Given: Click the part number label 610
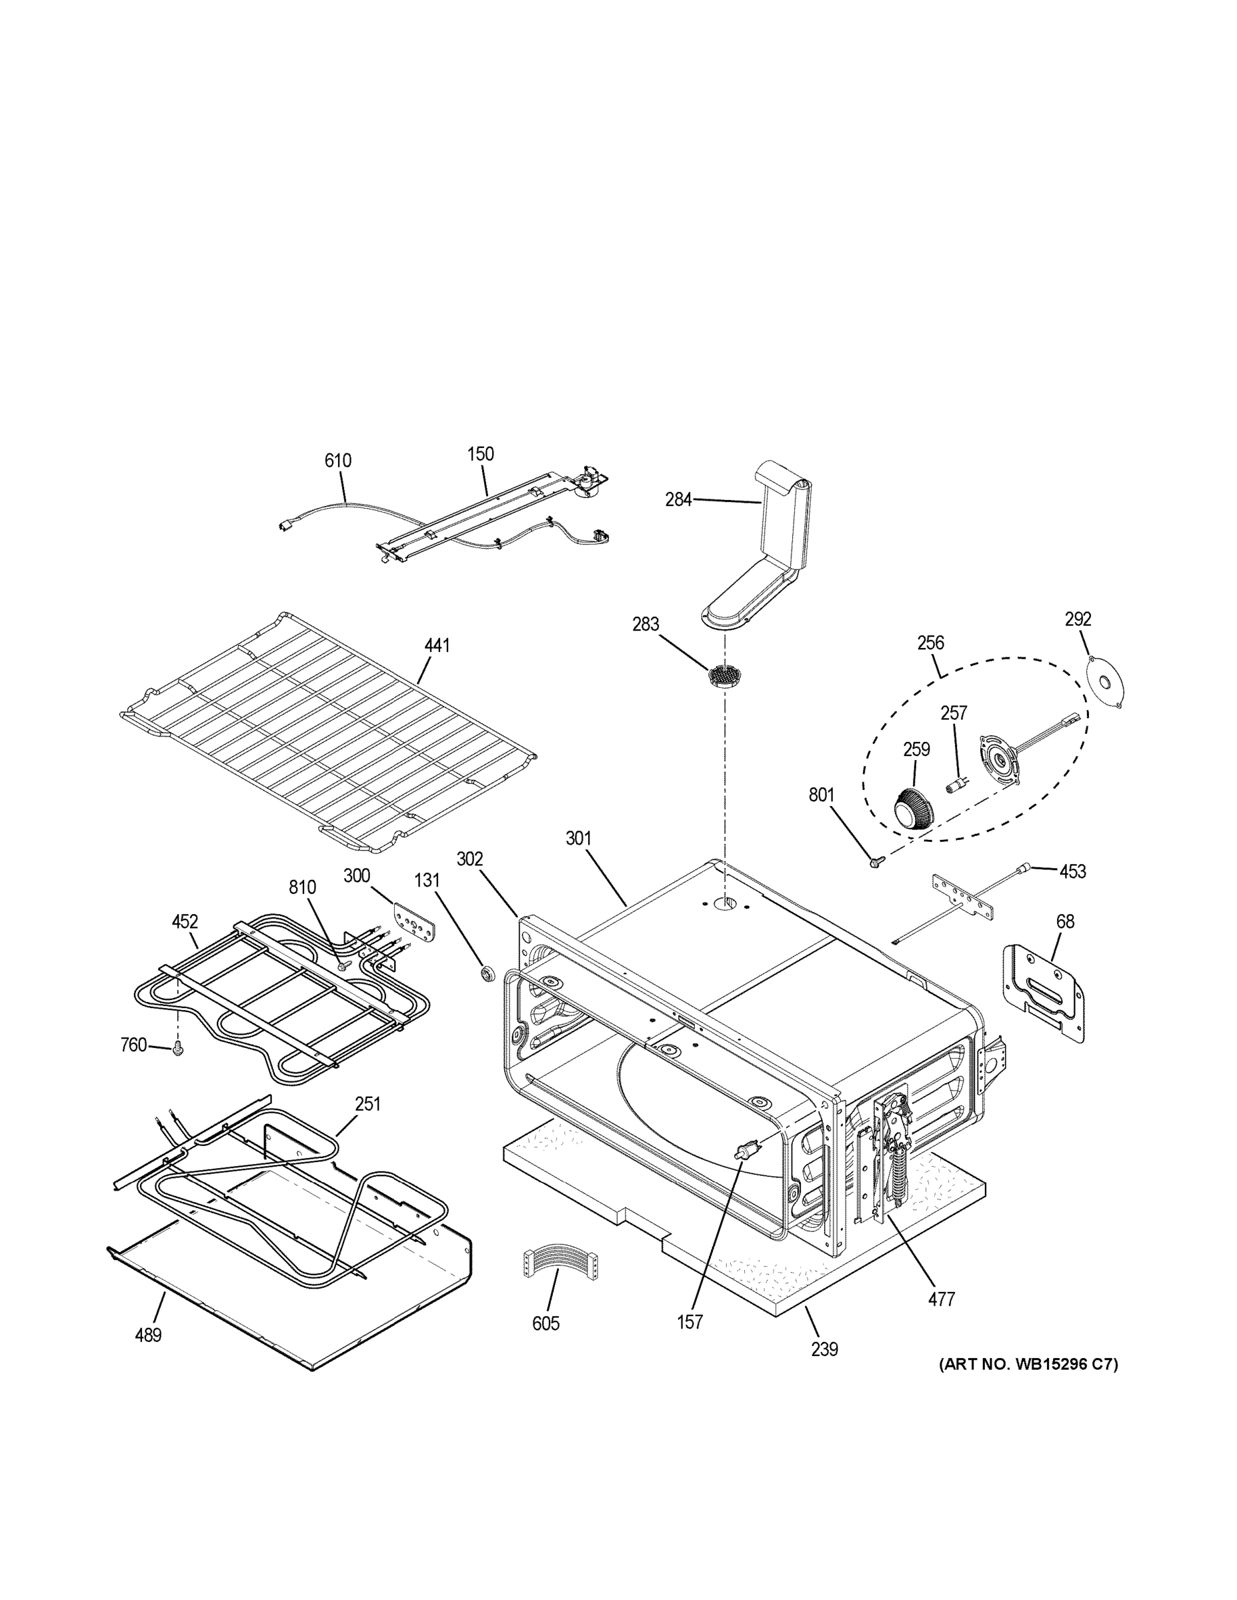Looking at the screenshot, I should (x=338, y=461).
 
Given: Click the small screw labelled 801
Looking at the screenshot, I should (x=874, y=864).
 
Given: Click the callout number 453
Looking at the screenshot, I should (x=1072, y=871).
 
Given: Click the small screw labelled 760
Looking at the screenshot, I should (x=177, y=1051).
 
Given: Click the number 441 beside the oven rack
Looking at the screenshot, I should (x=437, y=645).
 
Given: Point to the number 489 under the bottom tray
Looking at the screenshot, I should (x=148, y=1335).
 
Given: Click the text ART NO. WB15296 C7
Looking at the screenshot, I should (x=1028, y=1364).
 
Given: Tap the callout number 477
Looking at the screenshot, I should (x=942, y=1299).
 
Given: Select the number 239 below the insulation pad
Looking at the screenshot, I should (x=824, y=1349).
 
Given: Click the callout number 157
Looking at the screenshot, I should (x=690, y=1321).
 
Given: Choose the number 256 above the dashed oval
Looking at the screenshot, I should (x=931, y=643).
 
